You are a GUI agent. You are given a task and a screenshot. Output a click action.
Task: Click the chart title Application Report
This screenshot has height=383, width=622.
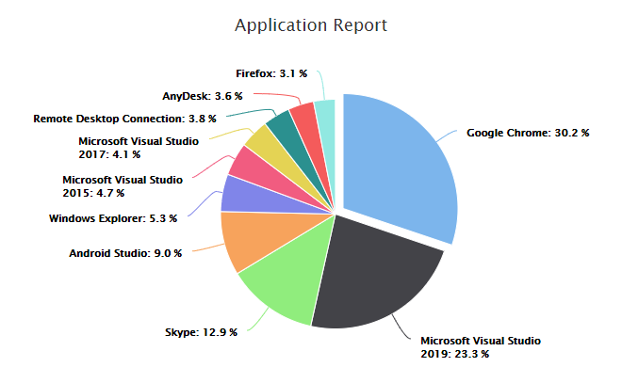coord(310,25)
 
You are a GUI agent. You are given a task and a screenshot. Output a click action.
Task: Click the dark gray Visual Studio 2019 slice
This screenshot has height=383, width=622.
coord(377,273)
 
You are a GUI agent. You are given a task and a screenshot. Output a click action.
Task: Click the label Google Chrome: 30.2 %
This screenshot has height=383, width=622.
coord(528,133)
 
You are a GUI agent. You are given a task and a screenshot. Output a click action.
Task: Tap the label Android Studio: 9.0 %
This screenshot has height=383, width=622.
coord(125,252)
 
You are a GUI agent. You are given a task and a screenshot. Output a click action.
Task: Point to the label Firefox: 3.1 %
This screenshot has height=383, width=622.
coord(270,72)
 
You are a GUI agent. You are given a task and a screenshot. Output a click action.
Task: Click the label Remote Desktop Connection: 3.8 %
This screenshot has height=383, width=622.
coord(124,119)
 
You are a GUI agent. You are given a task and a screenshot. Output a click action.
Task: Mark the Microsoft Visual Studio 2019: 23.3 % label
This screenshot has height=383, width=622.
coord(481,345)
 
